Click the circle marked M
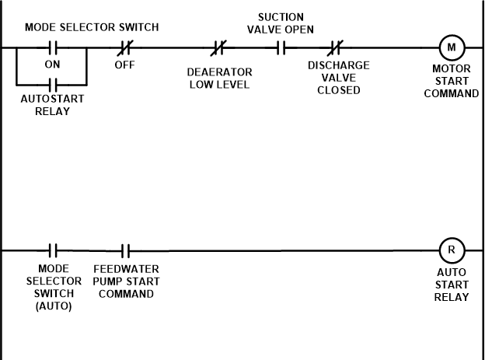coord(452,47)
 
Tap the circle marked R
coord(452,250)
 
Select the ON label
coord(53,65)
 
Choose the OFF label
coord(125,66)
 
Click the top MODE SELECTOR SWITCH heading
coord(92,28)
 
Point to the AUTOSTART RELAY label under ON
coord(53,106)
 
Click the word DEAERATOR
coord(220,73)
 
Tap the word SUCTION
coord(281,18)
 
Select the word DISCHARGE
coord(340,66)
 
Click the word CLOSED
coord(340,91)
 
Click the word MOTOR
coord(452,69)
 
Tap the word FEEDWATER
coord(127,270)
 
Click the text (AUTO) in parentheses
coord(54,307)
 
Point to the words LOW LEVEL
coord(220,86)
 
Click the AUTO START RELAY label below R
coord(452,285)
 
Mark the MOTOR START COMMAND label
coord(452,82)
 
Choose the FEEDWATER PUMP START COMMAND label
coord(127,282)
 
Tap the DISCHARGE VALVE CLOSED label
coord(340,79)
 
